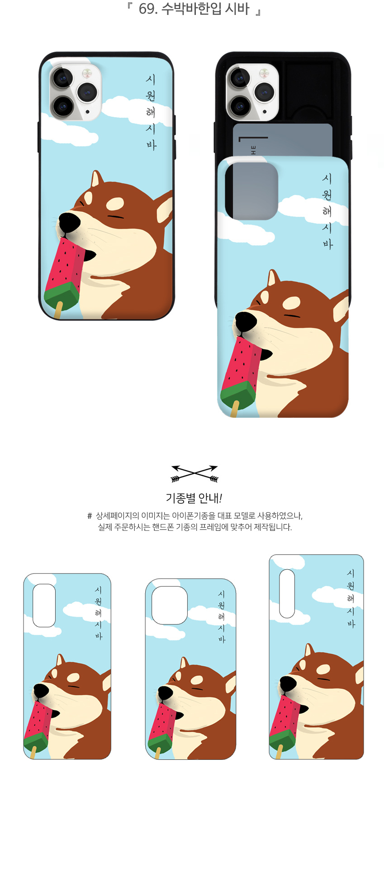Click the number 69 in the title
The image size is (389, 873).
[x=146, y=9]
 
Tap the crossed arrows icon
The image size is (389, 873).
[x=194, y=473]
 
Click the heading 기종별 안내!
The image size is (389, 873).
[x=194, y=498]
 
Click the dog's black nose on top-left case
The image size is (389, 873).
[x=69, y=222]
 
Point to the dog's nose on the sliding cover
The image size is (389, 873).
[x=246, y=322]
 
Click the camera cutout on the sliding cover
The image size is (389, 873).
[x=251, y=191]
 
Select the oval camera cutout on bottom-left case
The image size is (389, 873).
[x=44, y=605]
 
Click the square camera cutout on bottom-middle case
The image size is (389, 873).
[x=170, y=605]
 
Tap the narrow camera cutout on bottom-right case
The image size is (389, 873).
[x=287, y=593]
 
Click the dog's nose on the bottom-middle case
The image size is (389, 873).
[x=165, y=692]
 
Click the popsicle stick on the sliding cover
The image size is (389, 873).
[x=234, y=409]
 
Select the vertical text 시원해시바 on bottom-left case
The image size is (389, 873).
[x=98, y=613]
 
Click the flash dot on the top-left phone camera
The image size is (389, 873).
[x=87, y=111]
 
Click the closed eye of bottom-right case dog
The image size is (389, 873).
[x=323, y=680]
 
